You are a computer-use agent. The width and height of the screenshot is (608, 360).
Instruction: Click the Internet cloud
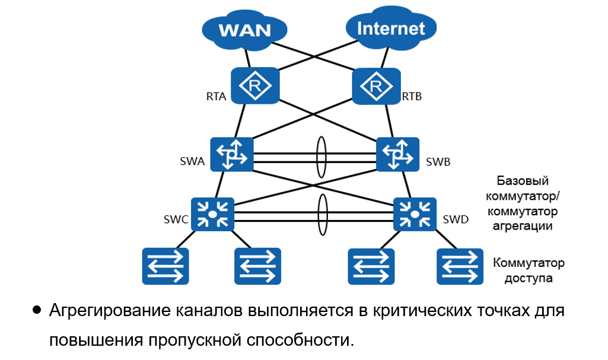click(x=391, y=28)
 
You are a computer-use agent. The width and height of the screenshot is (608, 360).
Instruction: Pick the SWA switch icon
click(x=232, y=155)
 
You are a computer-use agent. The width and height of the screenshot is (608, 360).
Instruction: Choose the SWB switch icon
click(x=397, y=155)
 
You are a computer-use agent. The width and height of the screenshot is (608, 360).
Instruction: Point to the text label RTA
click(x=217, y=97)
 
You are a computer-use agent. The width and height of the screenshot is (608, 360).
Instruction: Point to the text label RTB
click(x=412, y=96)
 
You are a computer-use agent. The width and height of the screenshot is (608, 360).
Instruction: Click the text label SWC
click(x=176, y=220)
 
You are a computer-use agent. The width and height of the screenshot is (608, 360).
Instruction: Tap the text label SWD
click(x=456, y=220)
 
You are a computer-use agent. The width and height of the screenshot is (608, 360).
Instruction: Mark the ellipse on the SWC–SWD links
click(x=323, y=215)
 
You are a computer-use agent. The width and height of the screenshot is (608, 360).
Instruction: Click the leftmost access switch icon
click(x=165, y=266)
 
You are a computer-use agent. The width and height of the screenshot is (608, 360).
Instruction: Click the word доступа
click(x=529, y=277)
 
